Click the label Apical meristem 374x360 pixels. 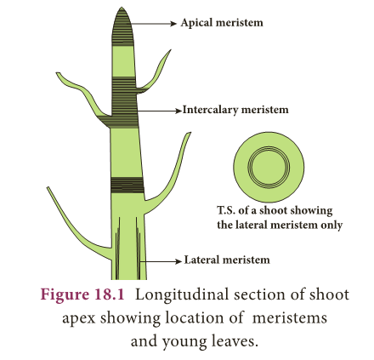click(x=222, y=23)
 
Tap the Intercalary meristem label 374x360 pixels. click(x=235, y=110)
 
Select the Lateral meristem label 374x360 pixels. click(x=227, y=260)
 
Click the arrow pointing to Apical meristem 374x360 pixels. click(x=154, y=24)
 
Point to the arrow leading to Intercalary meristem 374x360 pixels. click(x=160, y=111)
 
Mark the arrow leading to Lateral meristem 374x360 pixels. click(x=161, y=261)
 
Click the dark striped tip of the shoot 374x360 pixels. click(x=122, y=27)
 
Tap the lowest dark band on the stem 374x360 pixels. click(x=127, y=186)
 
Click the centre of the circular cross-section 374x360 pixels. click(x=269, y=167)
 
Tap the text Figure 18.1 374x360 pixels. click(x=82, y=294)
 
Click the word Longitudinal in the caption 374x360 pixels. click(x=182, y=295)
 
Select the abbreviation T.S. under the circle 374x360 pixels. click(x=226, y=210)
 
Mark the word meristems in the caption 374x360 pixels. click(x=289, y=318)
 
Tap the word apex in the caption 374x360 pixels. click(x=79, y=319)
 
